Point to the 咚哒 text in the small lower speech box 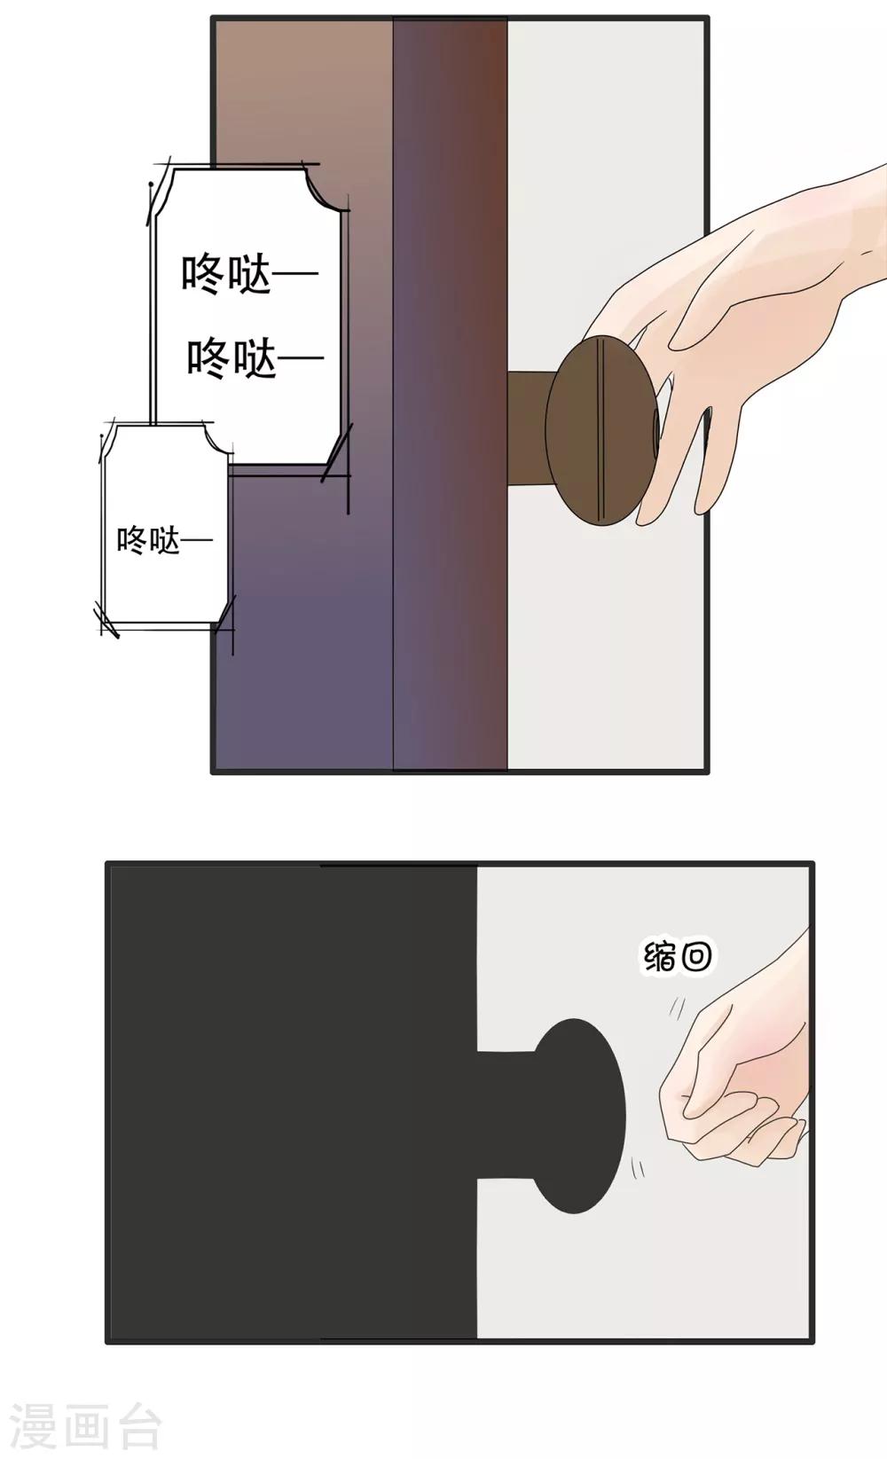165,541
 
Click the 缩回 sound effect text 678,957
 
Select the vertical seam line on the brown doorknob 600,430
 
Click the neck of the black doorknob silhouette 509,1115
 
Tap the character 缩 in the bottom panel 659,957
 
